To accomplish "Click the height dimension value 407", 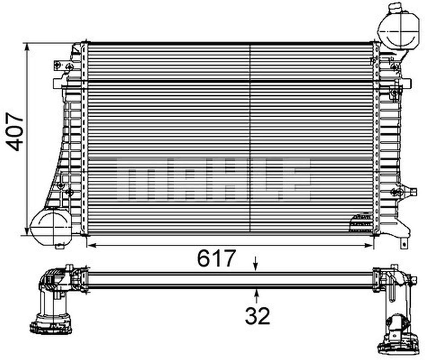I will click(15, 132).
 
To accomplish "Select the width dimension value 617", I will click(216, 258).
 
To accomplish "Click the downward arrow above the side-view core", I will click(255, 264).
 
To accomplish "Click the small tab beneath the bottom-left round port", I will click(60, 246).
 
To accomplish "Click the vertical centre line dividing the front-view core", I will click(249, 139).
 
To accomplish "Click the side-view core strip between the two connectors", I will click(229, 279).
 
